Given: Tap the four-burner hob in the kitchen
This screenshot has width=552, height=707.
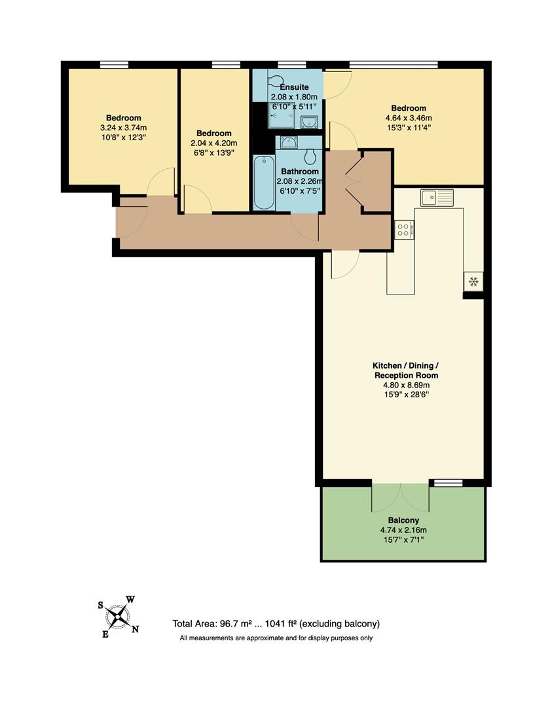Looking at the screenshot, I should click(x=403, y=230).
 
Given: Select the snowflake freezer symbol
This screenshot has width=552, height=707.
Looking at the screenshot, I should click(x=473, y=281).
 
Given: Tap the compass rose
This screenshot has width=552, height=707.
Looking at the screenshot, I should click(x=118, y=616).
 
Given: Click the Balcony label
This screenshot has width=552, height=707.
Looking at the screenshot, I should click(x=403, y=520).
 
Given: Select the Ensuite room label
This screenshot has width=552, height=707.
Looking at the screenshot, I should click(x=294, y=87).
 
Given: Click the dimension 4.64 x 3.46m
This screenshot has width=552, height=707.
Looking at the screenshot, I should click(x=409, y=118).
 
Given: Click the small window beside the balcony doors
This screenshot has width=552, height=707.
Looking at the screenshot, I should click(x=448, y=483).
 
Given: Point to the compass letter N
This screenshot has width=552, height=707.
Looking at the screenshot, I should click(x=136, y=630).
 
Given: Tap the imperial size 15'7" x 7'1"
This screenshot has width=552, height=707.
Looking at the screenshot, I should click(x=403, y=539).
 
